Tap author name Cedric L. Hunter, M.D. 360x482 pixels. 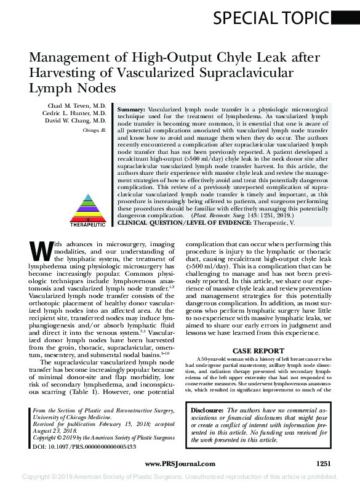point(78,114)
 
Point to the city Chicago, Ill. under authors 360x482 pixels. point(95,131)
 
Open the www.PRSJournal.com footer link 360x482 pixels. point(180,464)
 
